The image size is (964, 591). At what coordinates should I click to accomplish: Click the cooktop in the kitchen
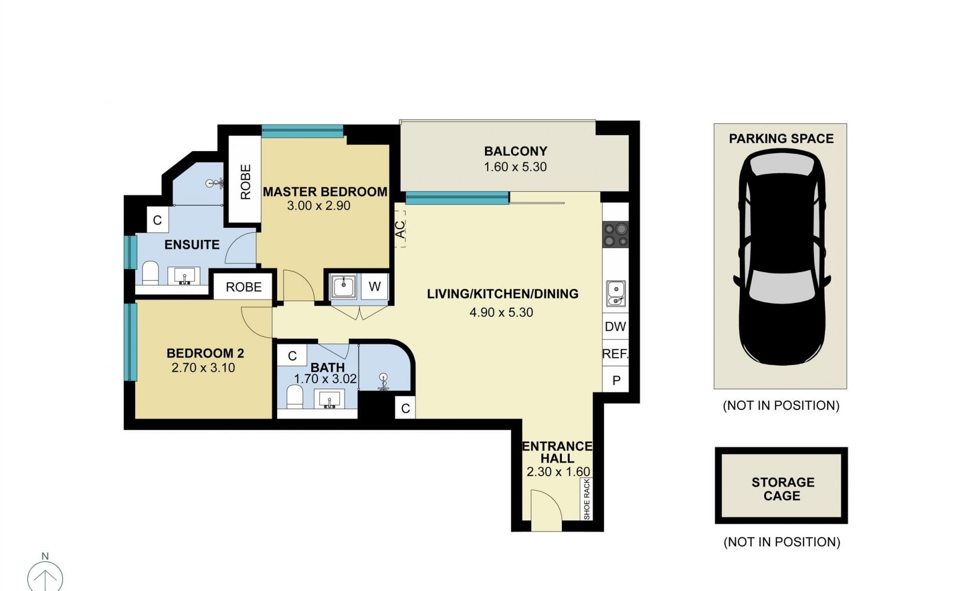[x=616, y=235]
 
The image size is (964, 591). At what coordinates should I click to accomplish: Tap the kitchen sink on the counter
[x=616, y=293]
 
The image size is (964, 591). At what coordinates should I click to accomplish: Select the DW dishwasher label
[x=615, y=327]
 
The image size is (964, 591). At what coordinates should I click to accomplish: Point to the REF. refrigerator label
[x=615, y=354]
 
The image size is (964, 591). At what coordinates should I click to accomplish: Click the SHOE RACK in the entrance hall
[x=586, y=499]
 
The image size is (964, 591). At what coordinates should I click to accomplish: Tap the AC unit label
[x=400, y=229]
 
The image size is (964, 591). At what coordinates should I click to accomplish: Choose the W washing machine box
[x=375, y=286]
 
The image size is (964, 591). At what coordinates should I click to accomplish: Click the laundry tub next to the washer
[x=343, y=286]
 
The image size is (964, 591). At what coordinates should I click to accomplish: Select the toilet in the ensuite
[x=151, y=273]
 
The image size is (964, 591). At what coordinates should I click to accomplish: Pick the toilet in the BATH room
[x=295, y=397]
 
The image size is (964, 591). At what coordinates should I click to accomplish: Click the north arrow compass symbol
[x=45, y=576]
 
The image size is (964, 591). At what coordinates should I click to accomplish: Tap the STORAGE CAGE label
[x=782, y=489]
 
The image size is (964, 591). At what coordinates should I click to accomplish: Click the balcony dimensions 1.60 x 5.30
[x=515, y=167]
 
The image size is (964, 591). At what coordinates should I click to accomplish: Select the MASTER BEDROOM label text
[x=325, y=192]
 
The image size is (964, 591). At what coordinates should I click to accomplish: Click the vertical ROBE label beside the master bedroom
[x=245, y=182]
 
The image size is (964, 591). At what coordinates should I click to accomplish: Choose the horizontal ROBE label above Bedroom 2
[x=244, y=287]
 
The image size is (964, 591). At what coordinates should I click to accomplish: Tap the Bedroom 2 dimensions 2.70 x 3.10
[x=203, y=368]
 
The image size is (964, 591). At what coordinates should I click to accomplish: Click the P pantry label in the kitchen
[x=616, y=381]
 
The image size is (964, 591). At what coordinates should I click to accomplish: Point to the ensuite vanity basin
[x=185, y=276]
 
